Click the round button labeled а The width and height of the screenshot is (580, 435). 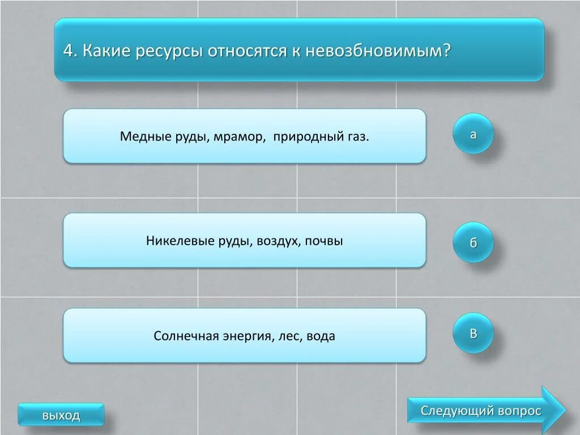[x=473, y=134]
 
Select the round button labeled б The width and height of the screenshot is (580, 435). [x=473, y=242]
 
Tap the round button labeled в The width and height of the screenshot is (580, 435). [x=473, y=333]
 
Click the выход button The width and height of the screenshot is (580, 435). [x=61, y=415]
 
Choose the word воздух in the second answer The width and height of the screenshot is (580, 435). [x=278, y=241]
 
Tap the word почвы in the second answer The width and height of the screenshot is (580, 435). [x=324, y=241]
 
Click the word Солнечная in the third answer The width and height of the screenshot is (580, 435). [x=186, y=336]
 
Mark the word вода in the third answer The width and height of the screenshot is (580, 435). [x=321, y=336]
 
